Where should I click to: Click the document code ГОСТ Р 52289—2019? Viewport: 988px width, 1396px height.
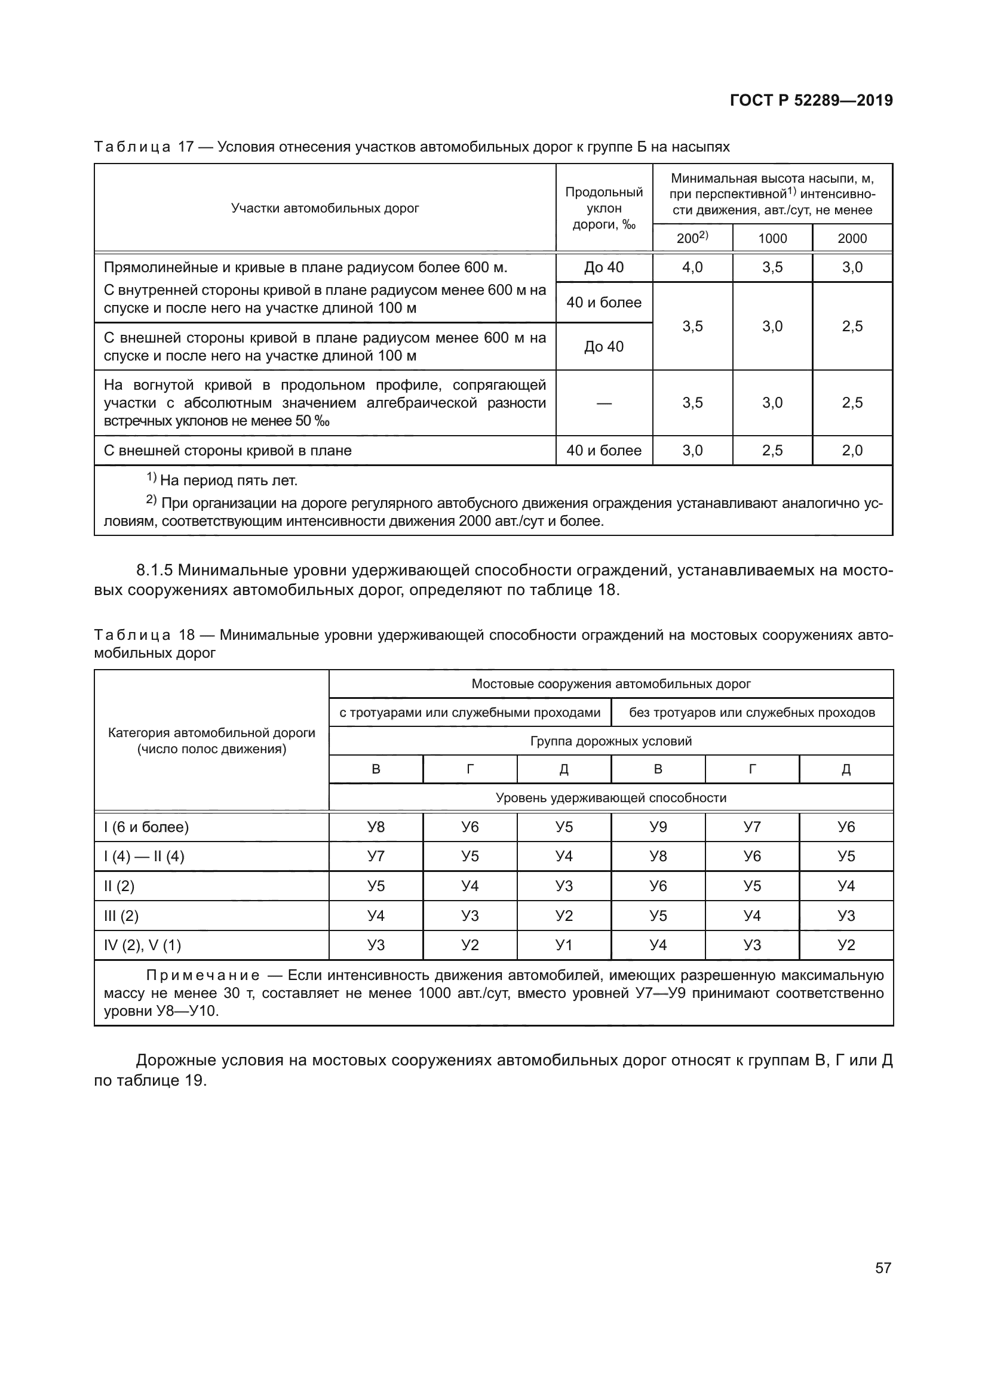[x=811, y=100]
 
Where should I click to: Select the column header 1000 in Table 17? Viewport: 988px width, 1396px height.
[x=772, y=238]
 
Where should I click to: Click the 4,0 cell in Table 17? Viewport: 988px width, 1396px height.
[x=692, y=267]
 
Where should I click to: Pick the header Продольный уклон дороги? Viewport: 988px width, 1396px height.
[x=603, y=208]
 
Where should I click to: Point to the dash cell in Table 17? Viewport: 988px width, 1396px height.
[x=603, y=403]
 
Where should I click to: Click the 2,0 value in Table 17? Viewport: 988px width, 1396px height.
[x=852, y=451]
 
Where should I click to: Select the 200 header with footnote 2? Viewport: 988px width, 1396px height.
[x=692, y=238]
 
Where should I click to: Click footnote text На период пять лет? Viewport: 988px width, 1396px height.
[x=228, y=481]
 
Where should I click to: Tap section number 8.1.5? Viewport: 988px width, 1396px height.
[x=155, y=571]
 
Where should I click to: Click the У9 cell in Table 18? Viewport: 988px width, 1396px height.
[x=658, y=827]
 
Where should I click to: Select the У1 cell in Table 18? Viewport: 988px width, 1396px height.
[x=564, y=945]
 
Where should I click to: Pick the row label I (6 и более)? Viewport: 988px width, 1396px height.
[x=146, y=827]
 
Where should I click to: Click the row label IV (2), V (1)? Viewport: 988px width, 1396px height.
[x=143, y=945]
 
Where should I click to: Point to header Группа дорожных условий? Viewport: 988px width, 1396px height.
[x=611, y=741]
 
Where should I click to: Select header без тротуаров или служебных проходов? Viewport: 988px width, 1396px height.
[x=752, y=713]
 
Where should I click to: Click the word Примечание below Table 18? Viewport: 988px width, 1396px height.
[x=202, y=975]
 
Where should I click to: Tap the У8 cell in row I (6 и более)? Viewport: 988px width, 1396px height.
[x=376, y=827]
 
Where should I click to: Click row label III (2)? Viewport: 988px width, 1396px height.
[x=122, y=916]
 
